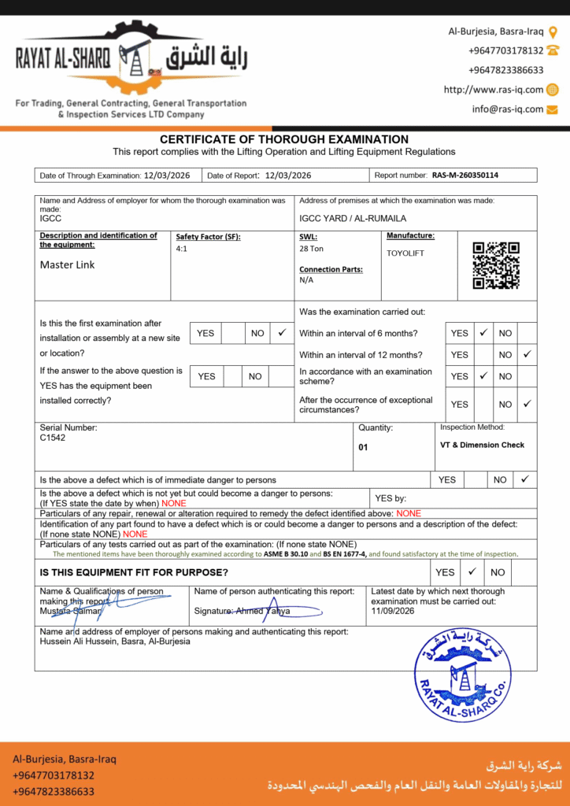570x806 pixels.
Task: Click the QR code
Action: pos(496,265)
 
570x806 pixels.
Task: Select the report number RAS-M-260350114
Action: pos(465,176)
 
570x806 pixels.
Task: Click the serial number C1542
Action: pos(53,438)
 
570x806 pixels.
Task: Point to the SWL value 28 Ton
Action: pos(311,249)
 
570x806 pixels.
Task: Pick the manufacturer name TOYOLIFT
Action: pos(405,253)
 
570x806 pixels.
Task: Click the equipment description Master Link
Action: pos(67,265)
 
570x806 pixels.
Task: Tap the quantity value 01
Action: pos(364,446)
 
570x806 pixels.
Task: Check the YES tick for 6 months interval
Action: pos(483,333)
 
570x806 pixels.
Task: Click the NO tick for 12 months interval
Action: pos(527,354)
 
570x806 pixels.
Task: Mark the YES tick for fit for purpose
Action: pos(472,572)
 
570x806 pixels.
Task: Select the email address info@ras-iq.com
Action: pos(508,109)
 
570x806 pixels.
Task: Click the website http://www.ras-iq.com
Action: pos(494,90)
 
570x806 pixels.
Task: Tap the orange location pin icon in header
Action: pos(553,31)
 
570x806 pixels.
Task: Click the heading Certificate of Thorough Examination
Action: pos(284,139)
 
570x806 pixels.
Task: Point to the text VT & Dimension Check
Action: pos(483,445)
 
